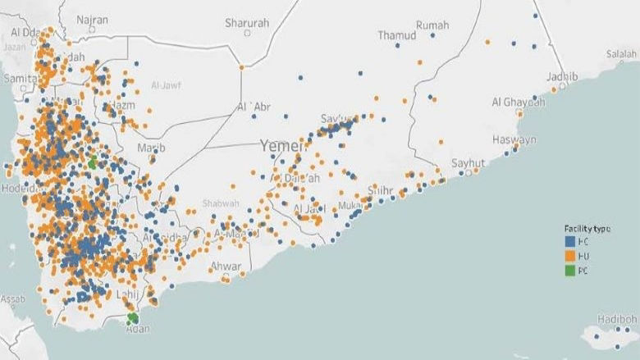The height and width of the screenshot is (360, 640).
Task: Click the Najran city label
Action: (x=91, y=19)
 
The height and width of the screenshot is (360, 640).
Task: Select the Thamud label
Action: (x=397, y=35)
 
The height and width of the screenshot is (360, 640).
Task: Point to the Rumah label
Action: (x=432, y=26)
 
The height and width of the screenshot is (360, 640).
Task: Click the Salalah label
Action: (x=621, y=54)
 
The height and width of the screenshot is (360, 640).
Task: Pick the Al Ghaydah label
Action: (x=519, y=103)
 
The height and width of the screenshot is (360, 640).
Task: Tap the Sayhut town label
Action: (x=469, y=162)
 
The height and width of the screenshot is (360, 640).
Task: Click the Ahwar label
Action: (x=226, y=266)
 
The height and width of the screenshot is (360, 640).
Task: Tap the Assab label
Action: (x=11, y=300)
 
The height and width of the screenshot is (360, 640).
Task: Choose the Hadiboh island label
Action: (x=618, y=319)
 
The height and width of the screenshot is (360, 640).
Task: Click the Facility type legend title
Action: (x=585, y=227)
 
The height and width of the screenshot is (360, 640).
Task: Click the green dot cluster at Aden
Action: (x=132, y=318)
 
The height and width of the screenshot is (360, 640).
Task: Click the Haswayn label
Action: (x=514, y=140)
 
